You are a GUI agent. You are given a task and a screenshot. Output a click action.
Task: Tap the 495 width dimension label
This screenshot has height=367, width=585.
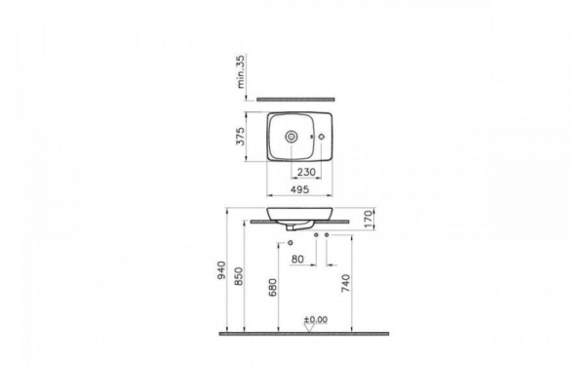pos(301,191)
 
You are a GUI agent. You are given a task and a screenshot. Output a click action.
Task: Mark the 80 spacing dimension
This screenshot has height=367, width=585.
pos(298,258)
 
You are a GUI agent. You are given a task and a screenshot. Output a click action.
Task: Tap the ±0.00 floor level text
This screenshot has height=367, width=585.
pos(315,319)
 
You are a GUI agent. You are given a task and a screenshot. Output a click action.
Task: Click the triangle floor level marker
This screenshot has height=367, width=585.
pos(309,328)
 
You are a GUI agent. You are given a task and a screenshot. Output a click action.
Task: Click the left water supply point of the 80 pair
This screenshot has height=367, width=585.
pos(316,235)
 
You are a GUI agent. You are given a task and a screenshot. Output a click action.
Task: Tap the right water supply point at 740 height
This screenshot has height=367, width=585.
pos(327,235)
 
